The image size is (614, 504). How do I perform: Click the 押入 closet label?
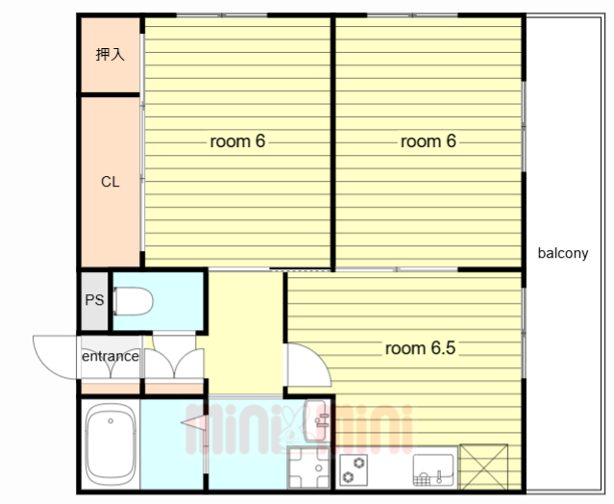coord(111,55)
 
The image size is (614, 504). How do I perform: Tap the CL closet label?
coord(111,182)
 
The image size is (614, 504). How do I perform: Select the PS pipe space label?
coord(94,300)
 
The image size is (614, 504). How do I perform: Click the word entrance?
coord(111,356)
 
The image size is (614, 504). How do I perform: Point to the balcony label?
coord(563,253)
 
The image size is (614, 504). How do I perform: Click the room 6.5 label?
coord(420,348)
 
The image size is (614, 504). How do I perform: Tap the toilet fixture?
coord(133,301)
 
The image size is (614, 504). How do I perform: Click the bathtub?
coord(111,444)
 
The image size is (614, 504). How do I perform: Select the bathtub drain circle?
coord(111,421)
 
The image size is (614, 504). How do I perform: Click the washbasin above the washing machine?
coord(317,421)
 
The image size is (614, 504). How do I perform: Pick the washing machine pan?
coord(309,467)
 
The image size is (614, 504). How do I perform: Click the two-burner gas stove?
coord(354,470)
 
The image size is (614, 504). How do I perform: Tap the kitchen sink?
coord(433,470)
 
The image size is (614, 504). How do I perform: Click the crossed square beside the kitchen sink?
coord(484,466)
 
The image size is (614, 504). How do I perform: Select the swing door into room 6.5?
coord(307,365)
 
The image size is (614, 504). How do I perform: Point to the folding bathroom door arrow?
coord(193,422)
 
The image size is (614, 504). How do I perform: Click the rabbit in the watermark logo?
coord(292,425)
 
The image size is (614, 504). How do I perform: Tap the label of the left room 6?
coord(237,141)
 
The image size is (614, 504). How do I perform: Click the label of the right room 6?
coord(429,141)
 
